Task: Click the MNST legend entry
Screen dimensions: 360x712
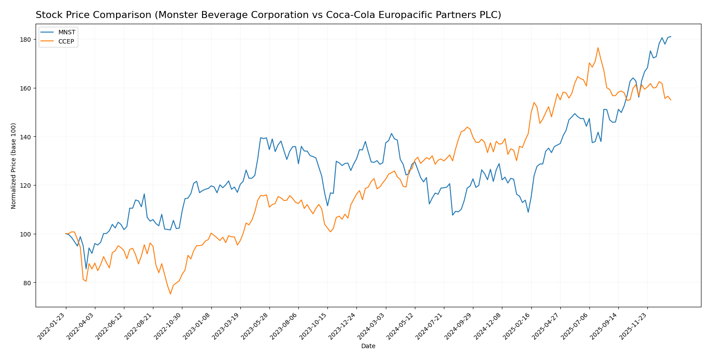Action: [x=66, y=32]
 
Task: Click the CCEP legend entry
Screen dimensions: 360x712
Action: [x=66, y=42]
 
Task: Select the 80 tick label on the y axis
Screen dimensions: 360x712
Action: [x=27, y=283]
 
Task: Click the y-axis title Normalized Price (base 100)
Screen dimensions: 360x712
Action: [x=14, y=166]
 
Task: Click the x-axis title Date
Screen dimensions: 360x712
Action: [x=368, y=346]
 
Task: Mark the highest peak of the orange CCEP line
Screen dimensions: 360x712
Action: [x=598, y=48]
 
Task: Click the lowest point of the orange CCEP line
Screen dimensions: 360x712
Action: [x=171, y=294]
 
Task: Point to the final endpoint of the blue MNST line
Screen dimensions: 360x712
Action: [x=671, y=36]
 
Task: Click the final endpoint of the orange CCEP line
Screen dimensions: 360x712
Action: [x=671, y=100]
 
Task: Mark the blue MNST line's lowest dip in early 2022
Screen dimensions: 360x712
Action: [x=86, y=269]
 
